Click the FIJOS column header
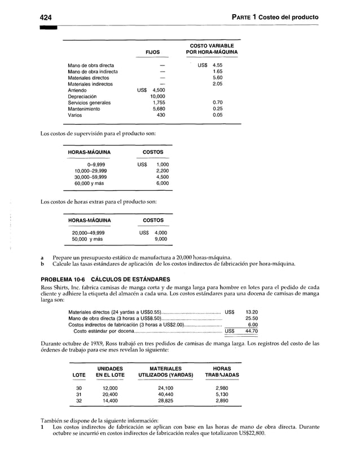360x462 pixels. point(152,52)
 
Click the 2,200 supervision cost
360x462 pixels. point(162,170)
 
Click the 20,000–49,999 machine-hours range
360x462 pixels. point(88,233)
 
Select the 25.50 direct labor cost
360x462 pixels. point(251,318)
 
